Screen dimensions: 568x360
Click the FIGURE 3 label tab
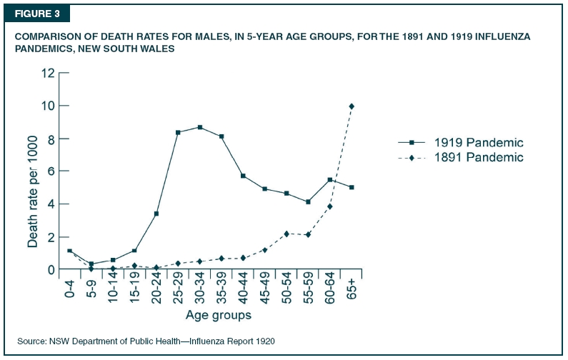[37, 14]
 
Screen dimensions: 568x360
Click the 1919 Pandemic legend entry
[461, 142]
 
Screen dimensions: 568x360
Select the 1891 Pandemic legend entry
[461, 158]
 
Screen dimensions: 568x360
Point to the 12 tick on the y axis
[48, 73]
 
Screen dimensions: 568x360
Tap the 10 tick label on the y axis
[48, 106]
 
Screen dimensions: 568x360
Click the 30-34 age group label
[199, 292]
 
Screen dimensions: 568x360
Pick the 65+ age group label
[352, 289]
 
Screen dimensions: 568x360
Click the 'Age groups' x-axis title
[219, 315]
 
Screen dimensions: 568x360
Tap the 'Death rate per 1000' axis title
[32, 191]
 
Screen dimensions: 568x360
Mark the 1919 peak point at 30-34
[200, 127]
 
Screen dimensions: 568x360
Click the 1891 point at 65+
[352, 106]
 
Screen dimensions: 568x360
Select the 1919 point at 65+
[352, 187]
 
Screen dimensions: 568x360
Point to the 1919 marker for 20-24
[156, 214]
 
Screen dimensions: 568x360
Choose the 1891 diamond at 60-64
[329, 206]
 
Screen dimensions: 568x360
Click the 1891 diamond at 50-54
[287, 234]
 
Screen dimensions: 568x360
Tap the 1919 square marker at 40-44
[243, 176]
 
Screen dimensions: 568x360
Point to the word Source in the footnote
[32, 341]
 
